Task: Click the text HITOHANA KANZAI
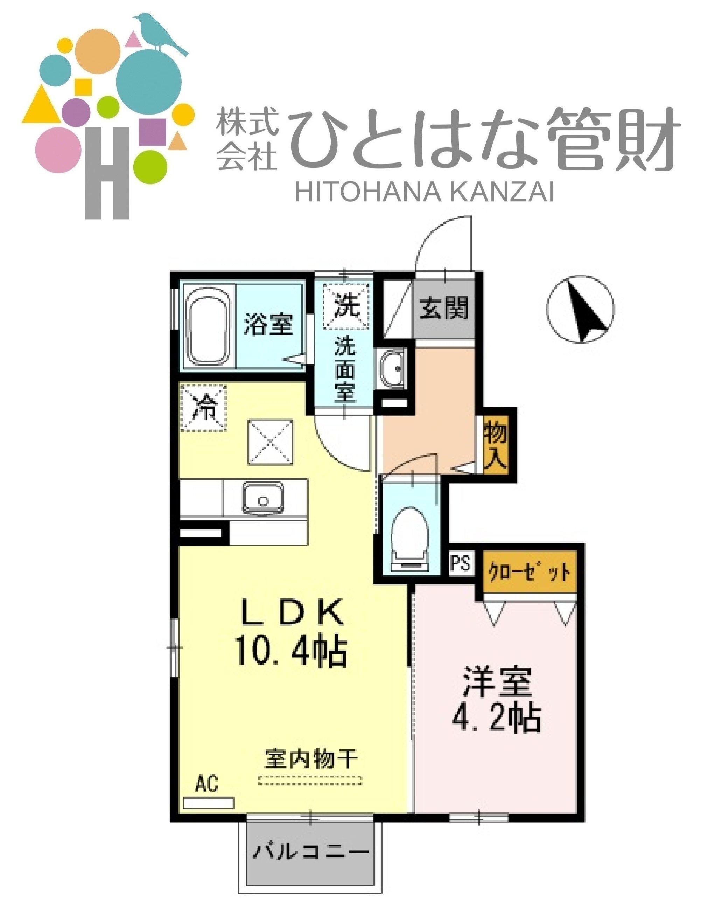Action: (424, 193)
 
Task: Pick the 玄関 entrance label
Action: (444, 309)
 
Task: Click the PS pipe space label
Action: (461, 563)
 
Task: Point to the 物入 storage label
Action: (496, 444)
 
